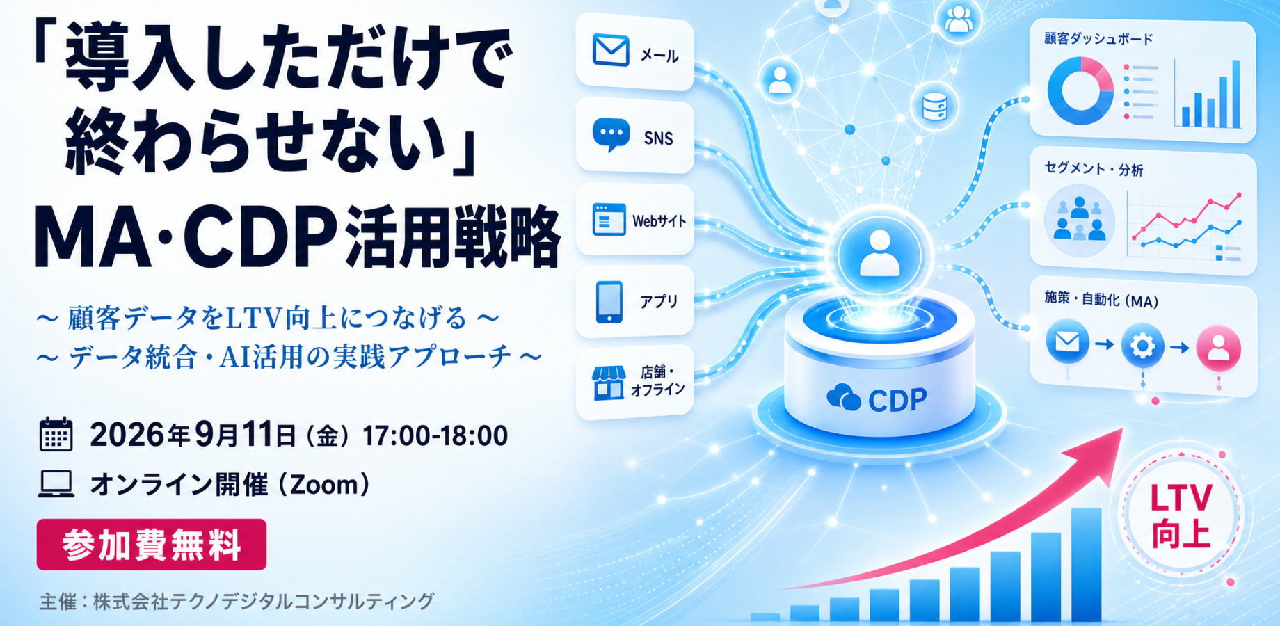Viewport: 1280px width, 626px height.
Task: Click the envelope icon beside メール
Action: (611, 50)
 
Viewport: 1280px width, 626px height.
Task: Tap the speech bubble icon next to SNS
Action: (611, 134)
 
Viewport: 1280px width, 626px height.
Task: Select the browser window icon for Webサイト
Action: (609, 219)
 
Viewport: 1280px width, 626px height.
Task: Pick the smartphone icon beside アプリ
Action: (609, 302)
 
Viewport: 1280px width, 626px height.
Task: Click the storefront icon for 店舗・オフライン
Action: (608, 383)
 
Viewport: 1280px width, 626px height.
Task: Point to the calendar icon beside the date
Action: (56, 434)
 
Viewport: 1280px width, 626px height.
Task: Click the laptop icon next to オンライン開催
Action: (56, 484)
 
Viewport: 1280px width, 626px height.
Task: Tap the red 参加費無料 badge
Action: (152, 545)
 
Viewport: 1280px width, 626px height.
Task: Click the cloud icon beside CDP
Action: (844, 397)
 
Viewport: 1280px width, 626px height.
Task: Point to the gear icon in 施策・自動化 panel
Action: (1142, 345)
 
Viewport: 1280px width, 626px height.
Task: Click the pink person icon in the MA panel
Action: (1218, 347)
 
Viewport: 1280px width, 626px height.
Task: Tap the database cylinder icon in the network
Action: (934, 106)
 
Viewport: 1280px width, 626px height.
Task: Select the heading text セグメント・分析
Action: (1094, 168)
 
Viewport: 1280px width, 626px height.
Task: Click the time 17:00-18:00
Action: (435, 436)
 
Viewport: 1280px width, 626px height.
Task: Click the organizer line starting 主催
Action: (237, 601)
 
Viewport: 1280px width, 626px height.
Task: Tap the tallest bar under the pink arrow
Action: (1086, 564)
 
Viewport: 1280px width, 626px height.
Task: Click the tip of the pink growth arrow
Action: (1123, 428)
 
